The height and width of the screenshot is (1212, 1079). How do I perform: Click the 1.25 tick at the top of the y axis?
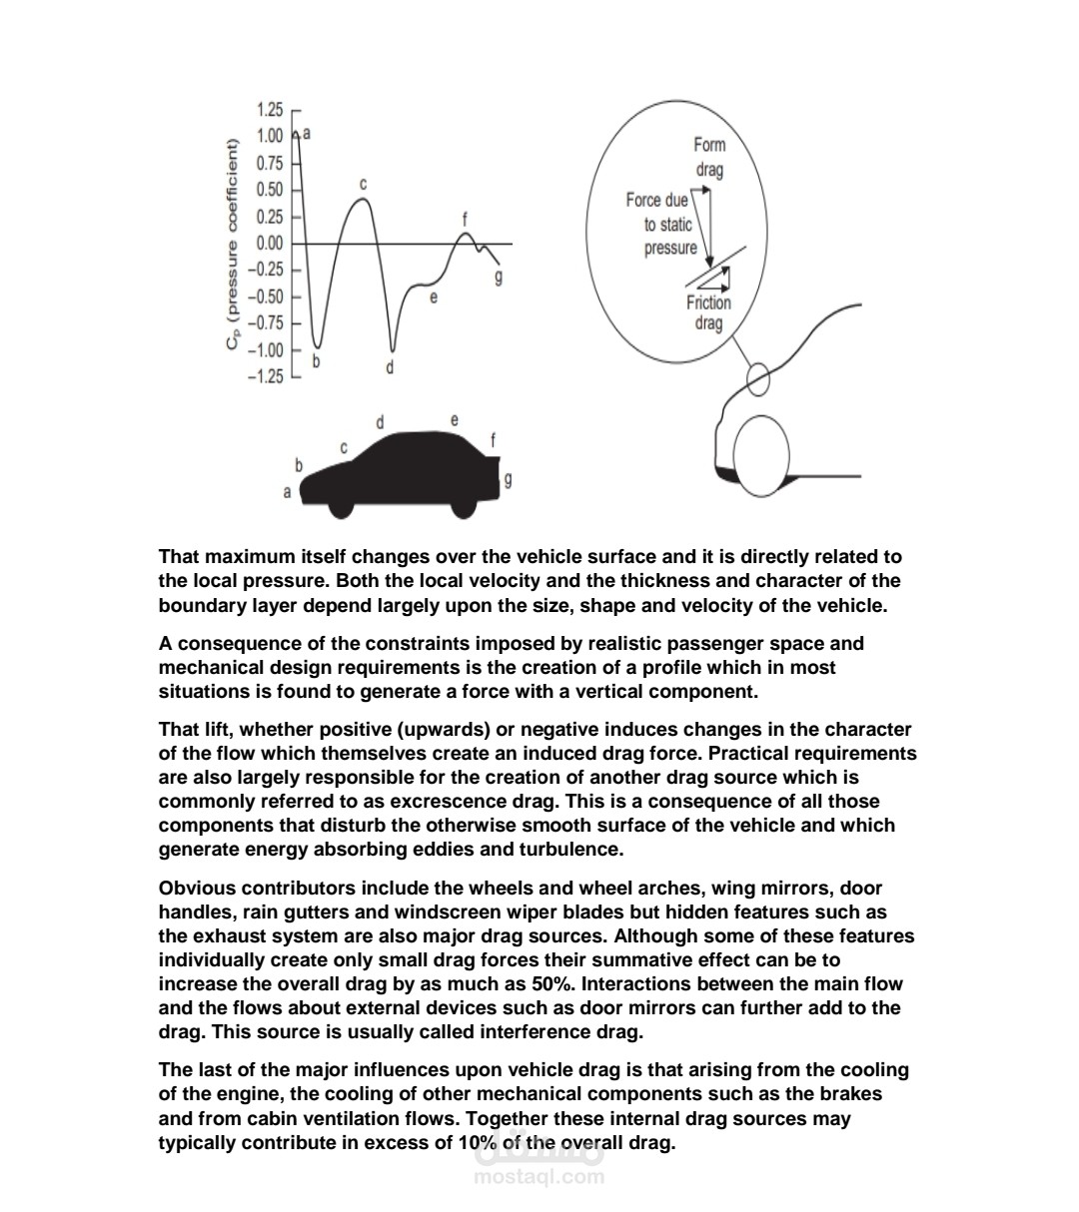270,110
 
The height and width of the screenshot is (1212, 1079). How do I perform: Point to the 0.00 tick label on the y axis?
270,244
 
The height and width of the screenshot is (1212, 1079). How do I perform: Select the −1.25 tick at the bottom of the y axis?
268,377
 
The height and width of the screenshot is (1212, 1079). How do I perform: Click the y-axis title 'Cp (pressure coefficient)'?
232,245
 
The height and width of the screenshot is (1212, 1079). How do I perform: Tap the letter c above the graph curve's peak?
364,185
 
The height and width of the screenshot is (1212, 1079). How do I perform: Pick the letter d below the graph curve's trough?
391,367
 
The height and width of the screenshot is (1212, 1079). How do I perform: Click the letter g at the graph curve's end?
499,277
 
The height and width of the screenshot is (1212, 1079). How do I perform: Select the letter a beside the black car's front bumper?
288,492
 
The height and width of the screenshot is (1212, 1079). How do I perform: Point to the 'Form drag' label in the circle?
709,157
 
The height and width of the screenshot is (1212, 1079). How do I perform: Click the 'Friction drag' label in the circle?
708,312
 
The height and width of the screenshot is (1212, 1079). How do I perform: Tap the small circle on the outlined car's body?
758,379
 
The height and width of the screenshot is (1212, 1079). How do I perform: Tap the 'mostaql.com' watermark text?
539,1176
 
